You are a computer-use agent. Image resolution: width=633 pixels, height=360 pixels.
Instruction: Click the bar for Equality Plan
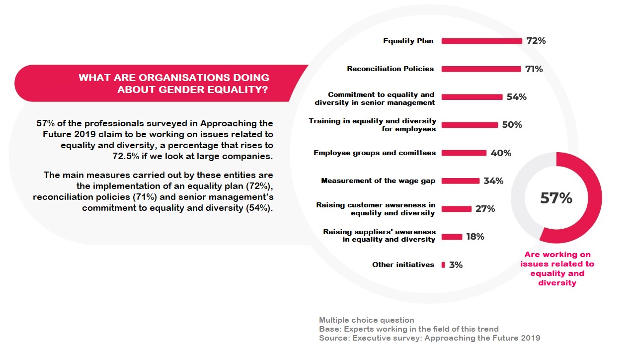(x=482, y=41)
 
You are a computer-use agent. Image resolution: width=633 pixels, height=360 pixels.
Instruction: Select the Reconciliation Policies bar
(x=481, y=69)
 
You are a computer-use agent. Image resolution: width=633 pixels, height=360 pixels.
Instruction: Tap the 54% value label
(x=517, y=97)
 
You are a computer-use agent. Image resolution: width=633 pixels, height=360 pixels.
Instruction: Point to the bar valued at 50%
(x=470, y=125)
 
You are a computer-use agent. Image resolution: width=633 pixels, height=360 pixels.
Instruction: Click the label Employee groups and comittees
(x=375, y=153)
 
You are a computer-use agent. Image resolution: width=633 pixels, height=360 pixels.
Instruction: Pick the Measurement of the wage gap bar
(x=461, y=180)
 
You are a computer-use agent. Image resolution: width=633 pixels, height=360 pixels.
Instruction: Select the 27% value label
(x=485, y=209)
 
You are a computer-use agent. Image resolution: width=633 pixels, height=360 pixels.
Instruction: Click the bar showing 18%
(x=452, y=237)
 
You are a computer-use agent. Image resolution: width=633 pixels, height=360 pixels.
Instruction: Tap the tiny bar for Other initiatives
(x=443, y=265)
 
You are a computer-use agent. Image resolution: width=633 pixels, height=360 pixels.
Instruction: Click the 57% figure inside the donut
(x=556, y=198)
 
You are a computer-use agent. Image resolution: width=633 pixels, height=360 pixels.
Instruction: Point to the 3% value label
(x=456, y=265)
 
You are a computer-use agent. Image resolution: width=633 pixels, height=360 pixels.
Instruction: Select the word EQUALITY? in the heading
(x=237, y=90)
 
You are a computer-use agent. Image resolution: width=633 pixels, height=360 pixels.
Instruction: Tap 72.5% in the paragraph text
(x=126, y=157)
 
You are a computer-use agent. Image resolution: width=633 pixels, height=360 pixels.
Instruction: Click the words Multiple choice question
(x=367, y=320)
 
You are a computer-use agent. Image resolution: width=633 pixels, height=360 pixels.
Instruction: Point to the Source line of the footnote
(x=429, y=338)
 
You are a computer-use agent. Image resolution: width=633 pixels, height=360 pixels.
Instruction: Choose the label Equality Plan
(x=408, y=41)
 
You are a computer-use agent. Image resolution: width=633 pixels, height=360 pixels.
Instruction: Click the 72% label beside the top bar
(x=536, y=41)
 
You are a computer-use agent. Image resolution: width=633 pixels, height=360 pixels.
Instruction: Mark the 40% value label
(x=501, y=153)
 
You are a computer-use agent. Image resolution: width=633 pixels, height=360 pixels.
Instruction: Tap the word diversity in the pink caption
(x=557, y=283)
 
